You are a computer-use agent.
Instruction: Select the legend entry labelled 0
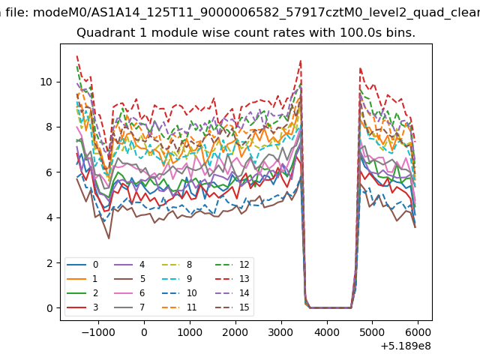[82, 265]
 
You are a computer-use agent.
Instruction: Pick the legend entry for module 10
[179, 293]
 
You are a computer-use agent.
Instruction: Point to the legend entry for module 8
[177, 265]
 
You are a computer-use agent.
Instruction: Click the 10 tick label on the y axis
[46, 82]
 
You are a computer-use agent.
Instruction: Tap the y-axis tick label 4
[49, 217]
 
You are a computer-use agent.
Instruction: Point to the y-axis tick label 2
[49, 263]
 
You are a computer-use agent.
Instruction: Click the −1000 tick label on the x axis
[98, 332]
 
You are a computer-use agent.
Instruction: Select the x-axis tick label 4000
[327, 332]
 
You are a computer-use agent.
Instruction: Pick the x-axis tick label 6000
[418, 332]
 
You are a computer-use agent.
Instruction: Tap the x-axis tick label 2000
[235, 332]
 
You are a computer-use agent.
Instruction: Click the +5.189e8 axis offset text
[406, 346]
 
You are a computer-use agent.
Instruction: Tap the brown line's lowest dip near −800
[109, 238]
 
